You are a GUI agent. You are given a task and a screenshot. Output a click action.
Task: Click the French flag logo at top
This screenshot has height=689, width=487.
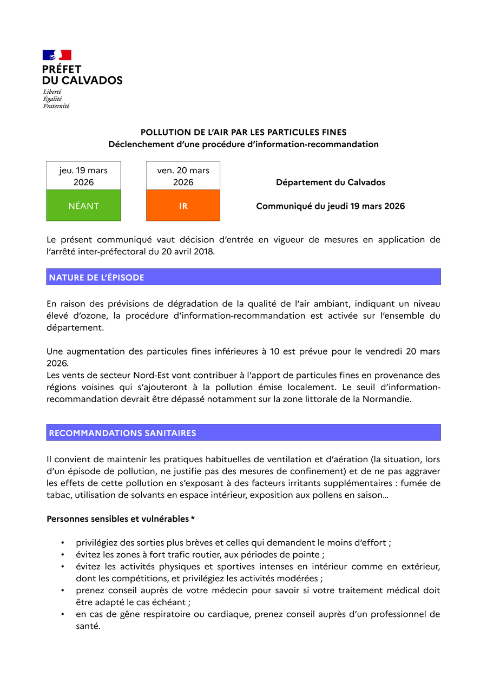[x=57, y=55]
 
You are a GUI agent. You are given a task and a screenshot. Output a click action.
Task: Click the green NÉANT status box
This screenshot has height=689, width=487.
[x=83, y=206]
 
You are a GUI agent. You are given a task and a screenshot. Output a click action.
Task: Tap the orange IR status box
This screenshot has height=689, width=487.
[x=183, y=206]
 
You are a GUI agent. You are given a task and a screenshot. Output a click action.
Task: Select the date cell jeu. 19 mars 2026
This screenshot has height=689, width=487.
[x=83, y=176]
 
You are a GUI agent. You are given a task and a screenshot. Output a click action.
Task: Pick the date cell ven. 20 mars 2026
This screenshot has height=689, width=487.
[x=183, y=176]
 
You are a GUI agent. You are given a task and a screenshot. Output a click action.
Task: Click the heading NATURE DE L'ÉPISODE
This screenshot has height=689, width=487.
[x=97, y=278]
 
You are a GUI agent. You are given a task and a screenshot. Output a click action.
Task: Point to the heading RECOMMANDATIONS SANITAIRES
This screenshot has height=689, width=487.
[x=123, y=433]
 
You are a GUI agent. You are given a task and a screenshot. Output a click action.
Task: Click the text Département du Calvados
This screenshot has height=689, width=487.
[x=330, y=182]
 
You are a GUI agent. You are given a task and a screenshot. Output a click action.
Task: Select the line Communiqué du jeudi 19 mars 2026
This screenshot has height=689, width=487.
[x=330, y=206]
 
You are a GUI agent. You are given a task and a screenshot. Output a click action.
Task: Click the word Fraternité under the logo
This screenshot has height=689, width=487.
[x=56, y=106]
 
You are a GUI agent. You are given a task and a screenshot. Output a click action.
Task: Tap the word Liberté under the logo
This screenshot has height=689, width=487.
[x=52, y=92]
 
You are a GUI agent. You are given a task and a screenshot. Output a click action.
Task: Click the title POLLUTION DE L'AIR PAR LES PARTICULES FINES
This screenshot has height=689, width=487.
[x=243, y=132]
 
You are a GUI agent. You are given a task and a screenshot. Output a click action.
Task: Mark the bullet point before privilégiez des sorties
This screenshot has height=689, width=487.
[x=63, y=543]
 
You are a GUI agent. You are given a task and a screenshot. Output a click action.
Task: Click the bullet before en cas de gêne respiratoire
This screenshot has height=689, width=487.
[x=63, y=615]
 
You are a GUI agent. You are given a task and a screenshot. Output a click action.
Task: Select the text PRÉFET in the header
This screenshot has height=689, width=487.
[x=62, y=69]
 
